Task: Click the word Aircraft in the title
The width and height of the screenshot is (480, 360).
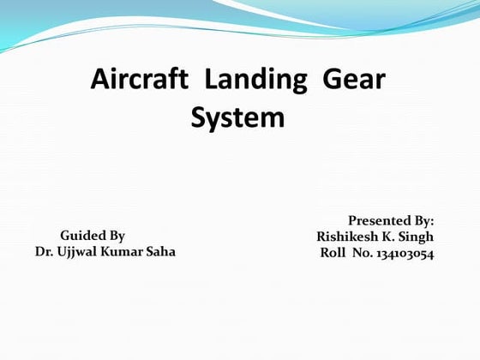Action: pyautogui.click(x=139, y=82)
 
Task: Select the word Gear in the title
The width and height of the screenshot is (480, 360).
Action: pyautogui.click(x=353, y=82)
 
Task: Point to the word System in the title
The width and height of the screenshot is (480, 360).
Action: pyautogui.click(x=237, y=117)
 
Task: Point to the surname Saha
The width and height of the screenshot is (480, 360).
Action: pyautogui.click(x=159, y=252)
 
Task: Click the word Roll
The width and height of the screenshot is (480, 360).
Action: pyautogui.click(x=333, y=254)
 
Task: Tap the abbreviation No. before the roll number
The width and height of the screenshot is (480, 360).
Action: pyautogui.click(x=363, y=254)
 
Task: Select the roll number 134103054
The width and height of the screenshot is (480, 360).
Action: pyautogui.click(x=405, y=254)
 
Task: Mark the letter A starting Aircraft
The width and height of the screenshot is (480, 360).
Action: pyautogui.click(x=99, y=82)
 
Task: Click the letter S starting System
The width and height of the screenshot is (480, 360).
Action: pyautogui.click(x=199, y=117)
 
